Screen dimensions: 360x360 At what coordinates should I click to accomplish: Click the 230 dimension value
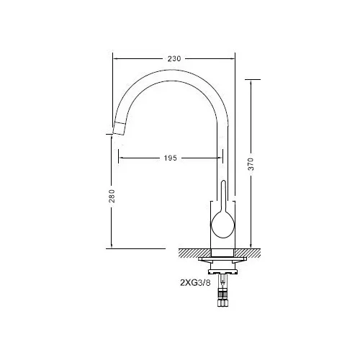(174, 58)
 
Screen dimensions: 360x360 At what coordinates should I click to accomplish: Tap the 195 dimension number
(171, 158)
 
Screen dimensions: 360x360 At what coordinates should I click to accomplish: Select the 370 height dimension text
(251, 164)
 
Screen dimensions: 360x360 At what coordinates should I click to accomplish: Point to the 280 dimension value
(112, 196)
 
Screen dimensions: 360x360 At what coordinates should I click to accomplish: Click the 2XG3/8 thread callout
(195, 283)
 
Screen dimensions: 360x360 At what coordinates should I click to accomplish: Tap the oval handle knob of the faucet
(222, 225)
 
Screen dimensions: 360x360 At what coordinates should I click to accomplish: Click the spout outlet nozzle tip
(119, 128)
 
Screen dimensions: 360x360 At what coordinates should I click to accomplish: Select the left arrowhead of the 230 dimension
(116, 58)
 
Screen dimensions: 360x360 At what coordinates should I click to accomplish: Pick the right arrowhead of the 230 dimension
(232, 58)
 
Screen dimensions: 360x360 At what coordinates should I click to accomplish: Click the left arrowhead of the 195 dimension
(122, 158)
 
